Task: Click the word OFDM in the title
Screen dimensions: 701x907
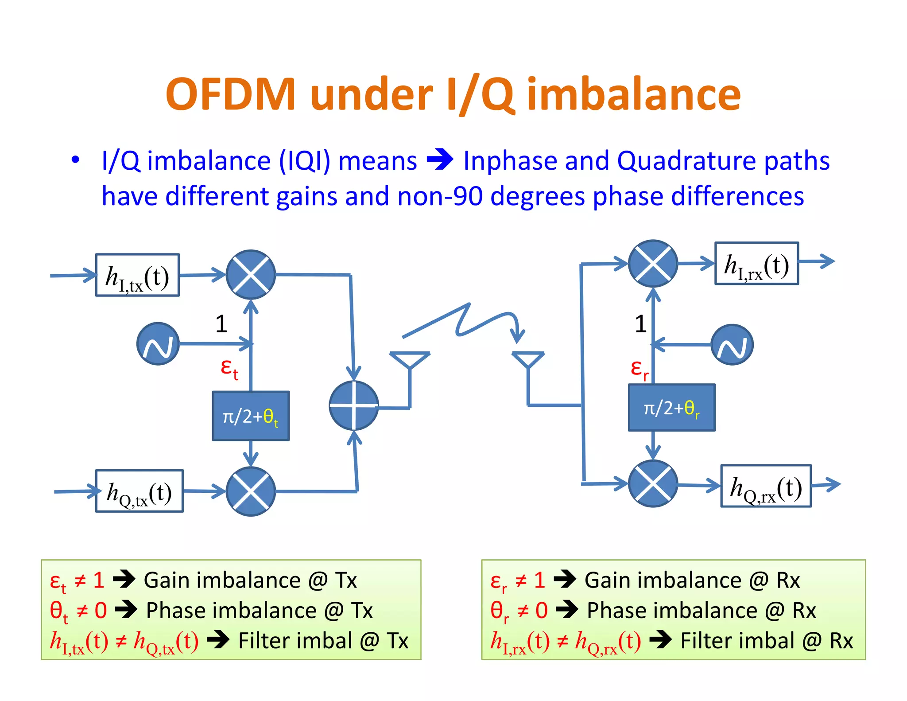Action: click(x=230, y=94)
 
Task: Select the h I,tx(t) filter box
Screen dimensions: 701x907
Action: click(x=137, y=275)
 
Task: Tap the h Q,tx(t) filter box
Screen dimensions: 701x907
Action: click(x=139, y=491)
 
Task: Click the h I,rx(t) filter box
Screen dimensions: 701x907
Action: click(x=756, y=263)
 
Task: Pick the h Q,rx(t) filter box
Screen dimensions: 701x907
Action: click(x=766, y=486)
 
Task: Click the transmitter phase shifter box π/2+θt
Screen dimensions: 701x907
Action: click(x=251, y=416)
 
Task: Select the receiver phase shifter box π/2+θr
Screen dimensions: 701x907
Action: click(x=671, y=408)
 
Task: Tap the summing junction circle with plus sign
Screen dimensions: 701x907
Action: click(x=354, y=405)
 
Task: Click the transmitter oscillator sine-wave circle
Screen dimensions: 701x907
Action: click(x=158, y=344)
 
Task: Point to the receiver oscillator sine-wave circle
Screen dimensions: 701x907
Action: click(x=732, y=345)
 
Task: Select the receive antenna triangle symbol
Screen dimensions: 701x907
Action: click(x=528, y=359)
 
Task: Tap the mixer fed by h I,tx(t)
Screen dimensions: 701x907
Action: click(x=251, y=275)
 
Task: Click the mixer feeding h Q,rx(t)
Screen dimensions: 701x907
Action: click(x=653, y=484)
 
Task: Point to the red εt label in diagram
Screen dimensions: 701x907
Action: click(x=229, y=368)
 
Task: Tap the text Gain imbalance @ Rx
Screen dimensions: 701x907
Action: click(x=692, y=580)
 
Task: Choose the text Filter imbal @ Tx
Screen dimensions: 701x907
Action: click(x=323, y=641)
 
